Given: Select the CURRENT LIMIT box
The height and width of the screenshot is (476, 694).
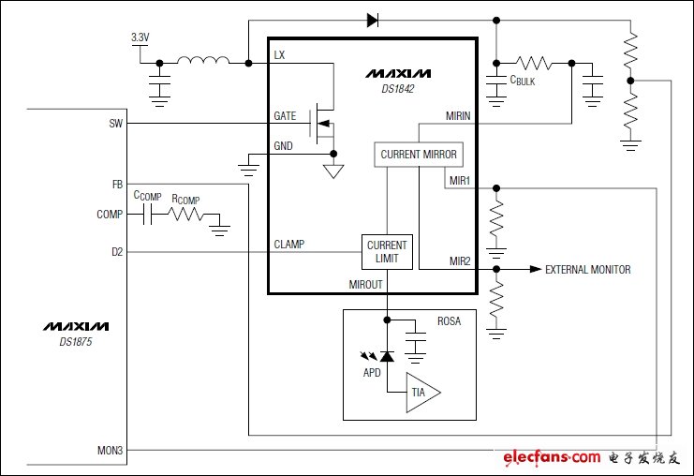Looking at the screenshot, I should click(387, 252).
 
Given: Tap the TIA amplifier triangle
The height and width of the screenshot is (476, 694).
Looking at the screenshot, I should click(421, 392).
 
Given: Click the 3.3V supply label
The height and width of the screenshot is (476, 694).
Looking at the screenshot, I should click(140, 37).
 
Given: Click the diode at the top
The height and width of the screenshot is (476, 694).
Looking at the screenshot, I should click(372, 19).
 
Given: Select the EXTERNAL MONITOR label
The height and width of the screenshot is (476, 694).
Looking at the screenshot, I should click(587, 270).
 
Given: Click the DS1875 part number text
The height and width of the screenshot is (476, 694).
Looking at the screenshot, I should click(74, 343).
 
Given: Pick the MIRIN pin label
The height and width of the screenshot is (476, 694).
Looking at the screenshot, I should click(459, 116).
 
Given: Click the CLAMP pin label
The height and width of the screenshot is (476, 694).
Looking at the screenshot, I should click(288, 244).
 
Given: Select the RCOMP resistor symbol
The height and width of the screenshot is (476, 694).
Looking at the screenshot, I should click(185, 215).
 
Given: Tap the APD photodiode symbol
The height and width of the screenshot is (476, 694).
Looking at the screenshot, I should click(386, 354).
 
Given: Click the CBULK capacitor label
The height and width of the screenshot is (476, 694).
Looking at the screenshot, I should click(523, 82).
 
